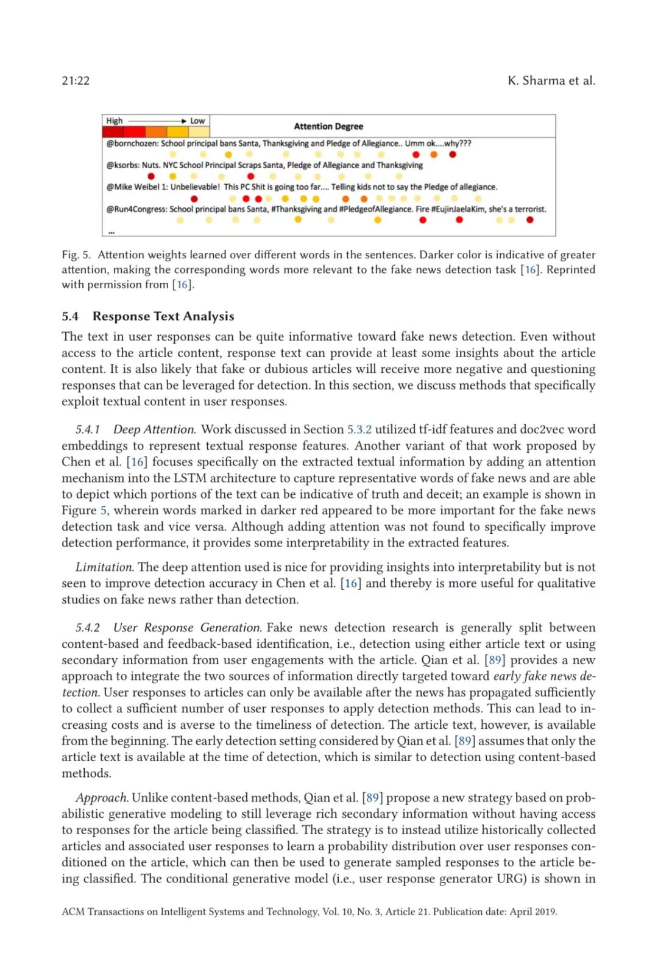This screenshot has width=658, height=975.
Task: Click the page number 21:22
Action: coord(76,81)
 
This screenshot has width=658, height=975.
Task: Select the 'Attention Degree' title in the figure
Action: coord(328,127)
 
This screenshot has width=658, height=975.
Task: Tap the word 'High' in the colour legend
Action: coord(115,121)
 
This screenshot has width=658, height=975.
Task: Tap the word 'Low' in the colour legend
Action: coord(197,121)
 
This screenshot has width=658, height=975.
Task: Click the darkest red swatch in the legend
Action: coord(114,132)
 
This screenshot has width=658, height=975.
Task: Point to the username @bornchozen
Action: coord(132,144)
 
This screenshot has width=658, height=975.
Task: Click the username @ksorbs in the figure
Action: coord(122,165)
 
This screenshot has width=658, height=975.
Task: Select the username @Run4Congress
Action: coord(136,209)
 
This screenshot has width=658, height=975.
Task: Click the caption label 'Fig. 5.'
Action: coord(76,255)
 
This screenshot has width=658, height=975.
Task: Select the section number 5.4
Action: coord(70,316)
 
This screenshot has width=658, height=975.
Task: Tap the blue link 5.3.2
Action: coord(359,430)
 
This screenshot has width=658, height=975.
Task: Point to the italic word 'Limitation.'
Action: coord(104,567)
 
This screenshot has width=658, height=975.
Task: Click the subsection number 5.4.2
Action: coord(88,628)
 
